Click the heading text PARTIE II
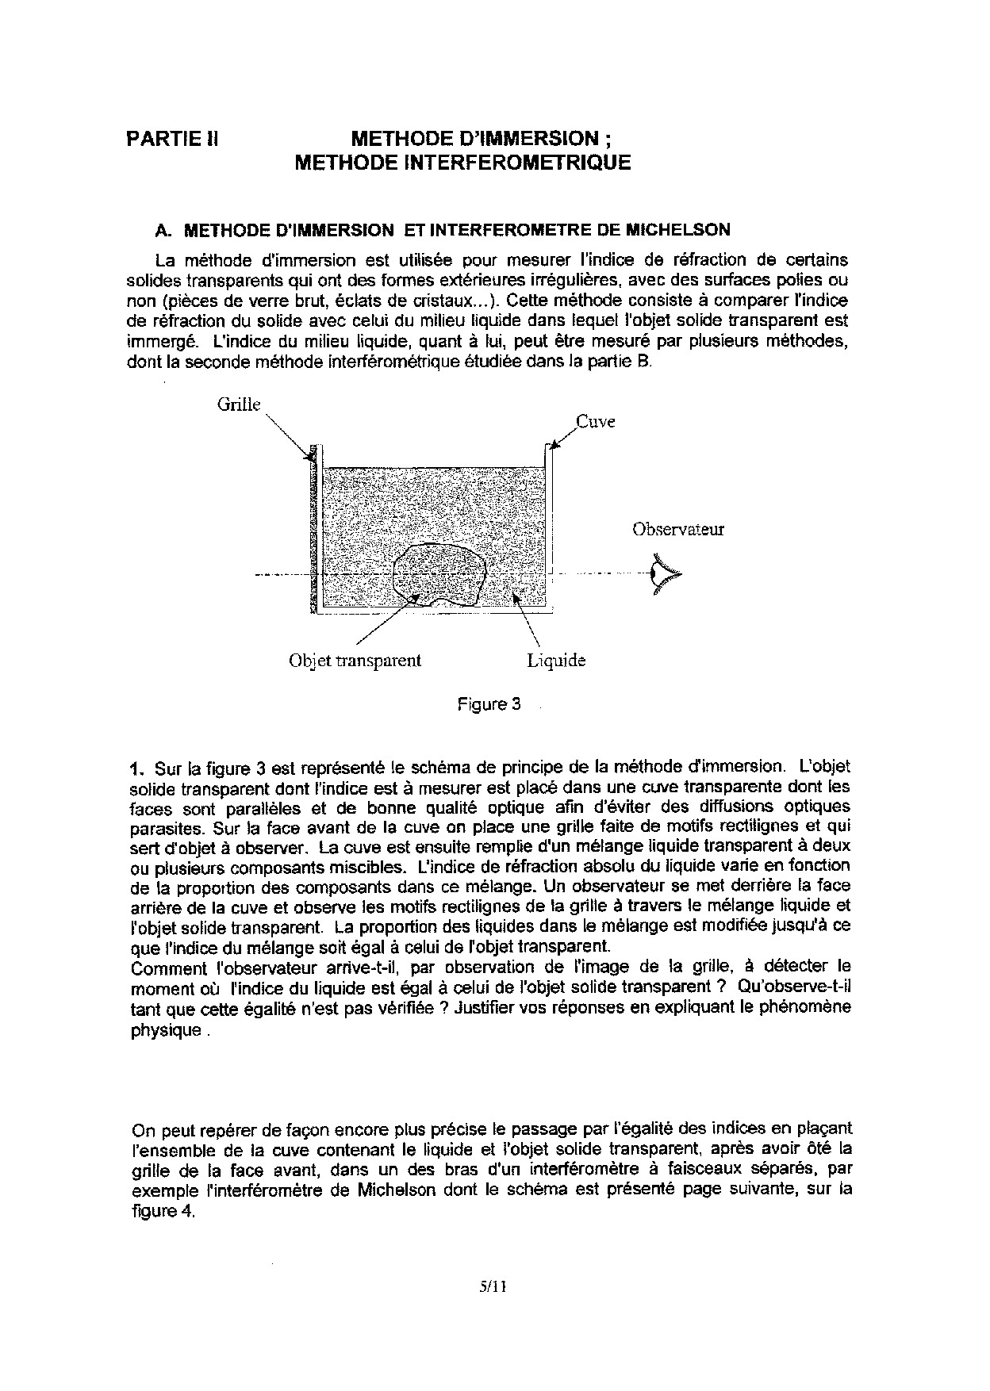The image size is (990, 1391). (172, 139)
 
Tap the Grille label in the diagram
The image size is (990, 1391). (239, 404)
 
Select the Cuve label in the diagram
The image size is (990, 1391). (595, 422)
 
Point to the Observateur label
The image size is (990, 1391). (678, 529)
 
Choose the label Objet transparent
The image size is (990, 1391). (355, 661)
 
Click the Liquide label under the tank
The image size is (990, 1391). (556, 661)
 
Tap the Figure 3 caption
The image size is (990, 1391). (489, 704)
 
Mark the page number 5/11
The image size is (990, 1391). (493, 1287)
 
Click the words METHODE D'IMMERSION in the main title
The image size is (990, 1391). (474, 139)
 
